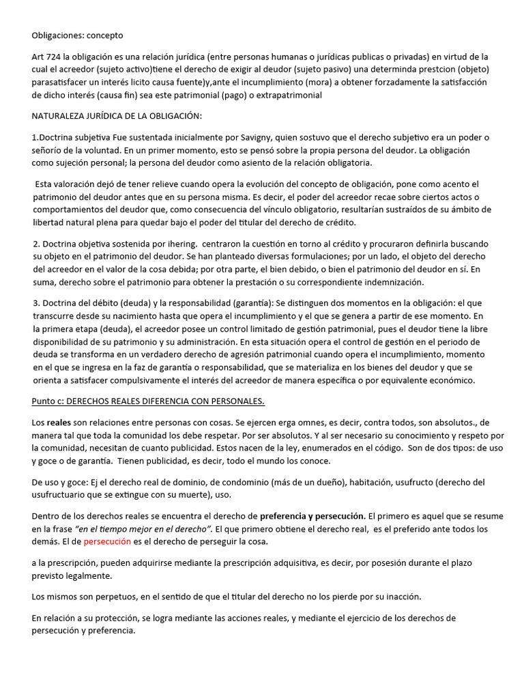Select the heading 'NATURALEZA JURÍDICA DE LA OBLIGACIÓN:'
pos(117,116)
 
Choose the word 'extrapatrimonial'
pos(287,96)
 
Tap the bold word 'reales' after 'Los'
pos(59,423)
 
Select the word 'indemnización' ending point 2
pos(392,282)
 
